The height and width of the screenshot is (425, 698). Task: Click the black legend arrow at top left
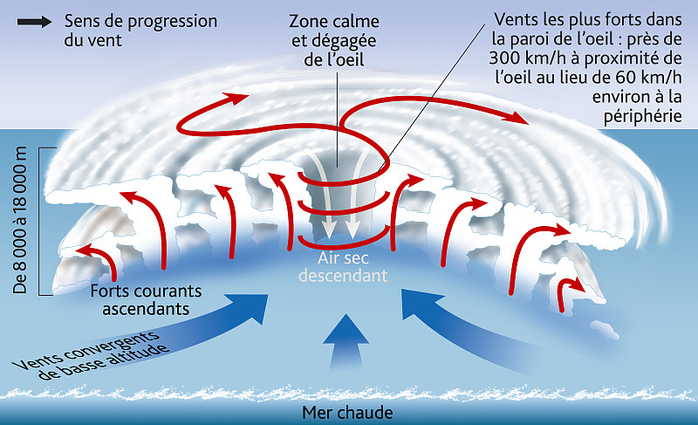point(33,21)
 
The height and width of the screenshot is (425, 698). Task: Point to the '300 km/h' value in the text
point(523,58)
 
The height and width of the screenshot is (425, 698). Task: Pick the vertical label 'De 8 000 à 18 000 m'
point(24,223)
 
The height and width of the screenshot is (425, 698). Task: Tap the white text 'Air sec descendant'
point(342,265)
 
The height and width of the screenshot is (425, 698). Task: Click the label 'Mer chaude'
point(347,413)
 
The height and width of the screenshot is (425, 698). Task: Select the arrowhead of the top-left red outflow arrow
point(240,98)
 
